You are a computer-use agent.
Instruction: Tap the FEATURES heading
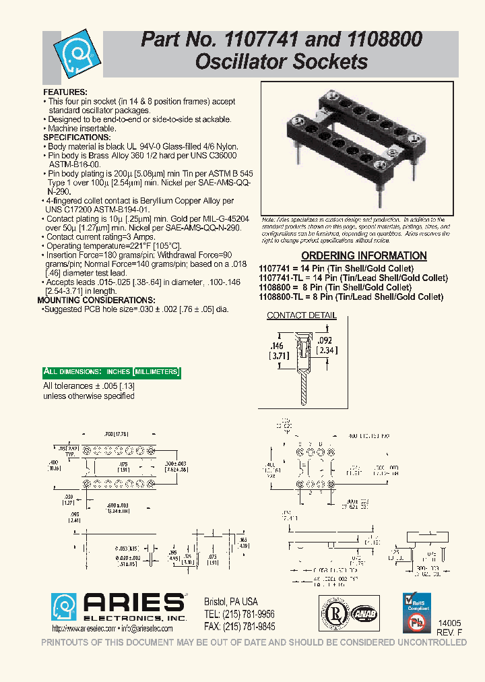point(65,92)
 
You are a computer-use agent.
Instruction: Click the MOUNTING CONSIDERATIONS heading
point(96,300)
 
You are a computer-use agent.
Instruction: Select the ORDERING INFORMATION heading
point(363,256)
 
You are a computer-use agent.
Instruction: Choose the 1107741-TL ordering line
point(353,277)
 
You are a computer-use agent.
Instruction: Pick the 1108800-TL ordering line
point(351,297)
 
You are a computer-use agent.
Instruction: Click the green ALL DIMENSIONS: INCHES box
point(111,372)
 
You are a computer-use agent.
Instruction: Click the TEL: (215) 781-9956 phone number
point(239,614)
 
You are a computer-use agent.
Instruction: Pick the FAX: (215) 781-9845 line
point(239,626)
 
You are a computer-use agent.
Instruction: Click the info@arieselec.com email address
point(147,629)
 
